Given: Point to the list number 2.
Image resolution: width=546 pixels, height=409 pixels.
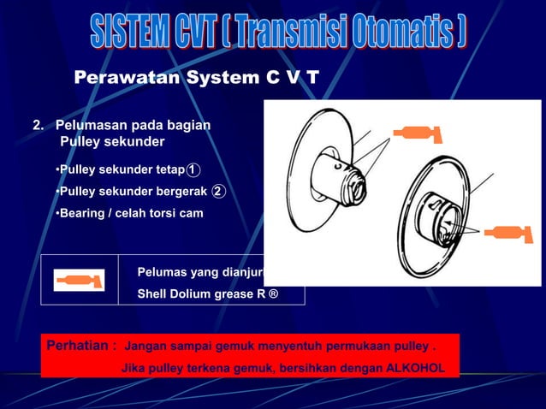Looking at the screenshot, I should [x=38, y=125].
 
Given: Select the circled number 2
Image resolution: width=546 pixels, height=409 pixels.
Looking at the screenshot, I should [x=218, y=191].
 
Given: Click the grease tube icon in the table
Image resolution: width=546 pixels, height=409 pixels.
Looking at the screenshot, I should [x=79, y=280].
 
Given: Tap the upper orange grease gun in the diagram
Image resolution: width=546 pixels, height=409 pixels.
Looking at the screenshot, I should [x=417, y=133].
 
